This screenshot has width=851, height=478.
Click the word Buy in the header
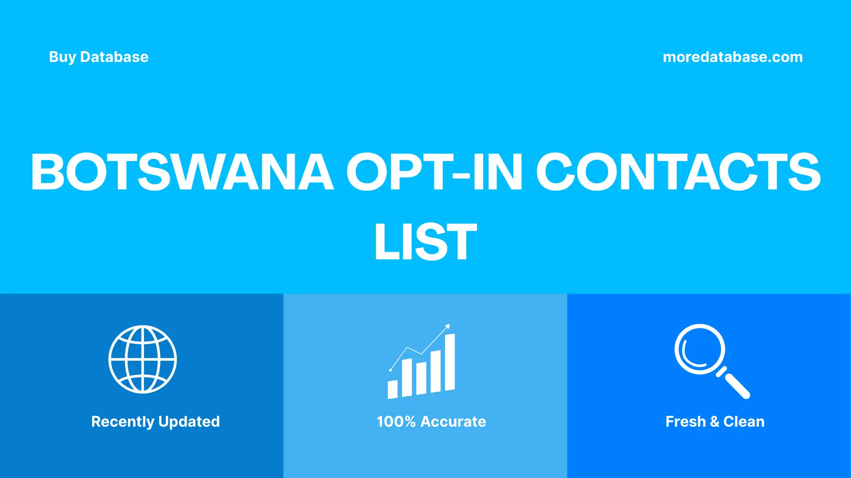click(x=62, y=57)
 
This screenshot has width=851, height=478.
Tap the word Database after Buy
click(x=114, y=57)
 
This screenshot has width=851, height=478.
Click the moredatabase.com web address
click(x=732, y=57)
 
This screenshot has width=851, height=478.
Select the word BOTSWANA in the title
click(x=182, y=172)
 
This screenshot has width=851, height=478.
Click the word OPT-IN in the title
click(x=434, y=172)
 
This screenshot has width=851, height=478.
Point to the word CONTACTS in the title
click(x=678, y=172)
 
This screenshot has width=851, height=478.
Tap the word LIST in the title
click(x=425, y=242)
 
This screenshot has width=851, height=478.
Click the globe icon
click(x=143, y=359)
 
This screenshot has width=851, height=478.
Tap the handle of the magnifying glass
click(x=737, y=385)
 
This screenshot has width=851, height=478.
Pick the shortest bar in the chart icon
click(x=393, y=389)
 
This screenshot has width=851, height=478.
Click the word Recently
click(x=123, y=422)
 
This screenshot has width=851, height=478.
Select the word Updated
click(x=189, y=422)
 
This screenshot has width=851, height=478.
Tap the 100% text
click(x=396, y=422)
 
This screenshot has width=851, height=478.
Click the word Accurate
click(x=453, y=422)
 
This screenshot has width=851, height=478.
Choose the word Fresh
click(x=685, y=422)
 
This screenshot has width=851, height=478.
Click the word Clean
click(x=744, y=422)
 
